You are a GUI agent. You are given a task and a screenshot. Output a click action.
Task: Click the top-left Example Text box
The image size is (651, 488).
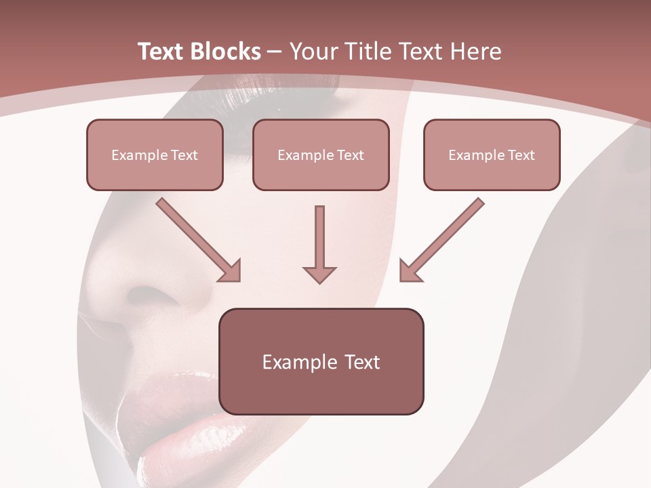pos(155,155)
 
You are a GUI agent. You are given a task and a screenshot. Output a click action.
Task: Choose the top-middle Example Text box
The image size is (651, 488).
pos(321,155)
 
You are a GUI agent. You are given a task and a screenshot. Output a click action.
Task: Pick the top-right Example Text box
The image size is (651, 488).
pos(492,155)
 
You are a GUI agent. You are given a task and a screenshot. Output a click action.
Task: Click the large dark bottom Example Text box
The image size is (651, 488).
pos(321,361)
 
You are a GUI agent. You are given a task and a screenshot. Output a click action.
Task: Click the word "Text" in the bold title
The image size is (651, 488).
pos(161,52)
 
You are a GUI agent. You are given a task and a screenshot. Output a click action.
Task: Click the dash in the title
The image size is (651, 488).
pos(275,52)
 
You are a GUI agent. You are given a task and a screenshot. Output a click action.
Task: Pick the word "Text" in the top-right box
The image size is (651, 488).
pos(521,155)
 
